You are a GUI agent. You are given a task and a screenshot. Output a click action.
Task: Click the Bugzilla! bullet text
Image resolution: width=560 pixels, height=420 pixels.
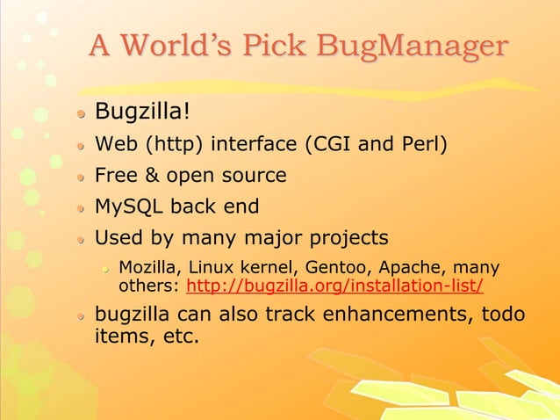(142, 112)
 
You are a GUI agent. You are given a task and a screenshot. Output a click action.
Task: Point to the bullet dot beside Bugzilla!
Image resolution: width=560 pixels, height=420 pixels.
(80, 113)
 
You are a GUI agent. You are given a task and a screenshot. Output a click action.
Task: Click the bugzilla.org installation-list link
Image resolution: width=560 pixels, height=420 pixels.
(335, 286)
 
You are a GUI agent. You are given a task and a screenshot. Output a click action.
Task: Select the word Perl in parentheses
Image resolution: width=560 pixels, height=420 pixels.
(424, 144)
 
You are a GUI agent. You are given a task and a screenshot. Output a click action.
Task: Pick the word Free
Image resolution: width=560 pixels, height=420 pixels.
(114, 176)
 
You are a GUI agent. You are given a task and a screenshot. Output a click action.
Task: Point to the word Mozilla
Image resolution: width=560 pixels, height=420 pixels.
(146, 267)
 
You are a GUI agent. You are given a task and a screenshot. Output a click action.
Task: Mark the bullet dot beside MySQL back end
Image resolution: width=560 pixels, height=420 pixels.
(80, 208)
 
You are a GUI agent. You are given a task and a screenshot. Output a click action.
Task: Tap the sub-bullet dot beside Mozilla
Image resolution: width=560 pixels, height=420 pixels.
(104, 268)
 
